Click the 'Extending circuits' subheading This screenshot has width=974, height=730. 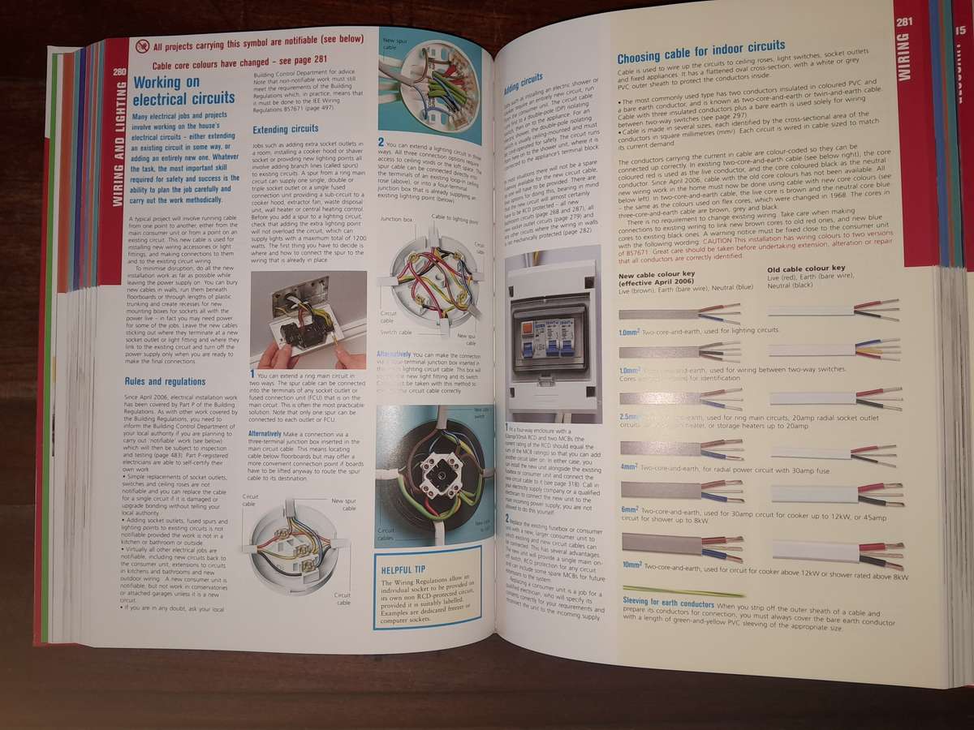(x=284, y=130)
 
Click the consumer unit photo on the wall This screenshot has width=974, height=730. (x=549, y=341)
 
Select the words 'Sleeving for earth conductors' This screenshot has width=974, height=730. (x=668, y=604)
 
